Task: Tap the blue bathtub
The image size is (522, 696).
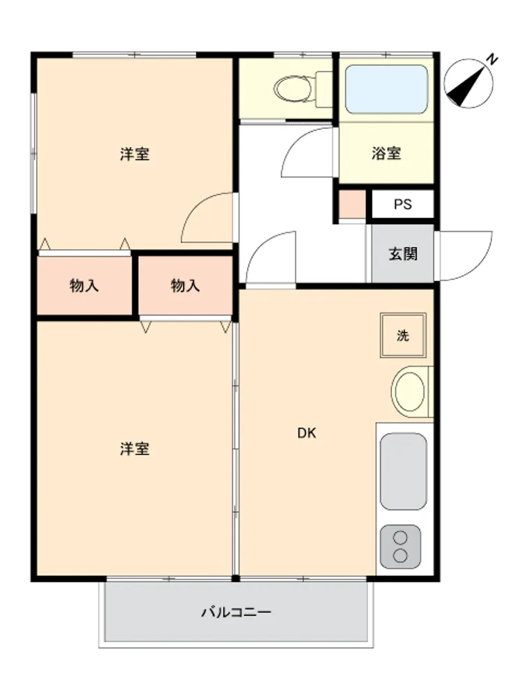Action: (386, 89)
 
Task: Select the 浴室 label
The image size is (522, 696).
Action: (386, 153)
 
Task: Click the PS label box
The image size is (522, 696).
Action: (402, 204)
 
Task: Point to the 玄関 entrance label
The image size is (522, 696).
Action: (402, 254)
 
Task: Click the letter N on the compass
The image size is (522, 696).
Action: (491, 59)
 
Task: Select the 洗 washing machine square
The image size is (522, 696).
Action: (402, 335)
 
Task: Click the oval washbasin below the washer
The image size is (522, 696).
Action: (409, 391)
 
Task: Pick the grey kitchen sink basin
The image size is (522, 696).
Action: (403, 471)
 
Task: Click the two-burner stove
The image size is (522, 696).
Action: (400, 546)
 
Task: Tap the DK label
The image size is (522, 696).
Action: (307, 433)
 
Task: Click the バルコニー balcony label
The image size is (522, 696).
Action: (236, 612)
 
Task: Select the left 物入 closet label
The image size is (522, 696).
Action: (84, 285)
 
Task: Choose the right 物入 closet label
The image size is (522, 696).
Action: (185, 285)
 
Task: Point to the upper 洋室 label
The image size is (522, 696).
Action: (134, 154)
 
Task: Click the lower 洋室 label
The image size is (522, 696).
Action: (134, 449)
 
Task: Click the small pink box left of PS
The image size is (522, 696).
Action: (352, 204)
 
